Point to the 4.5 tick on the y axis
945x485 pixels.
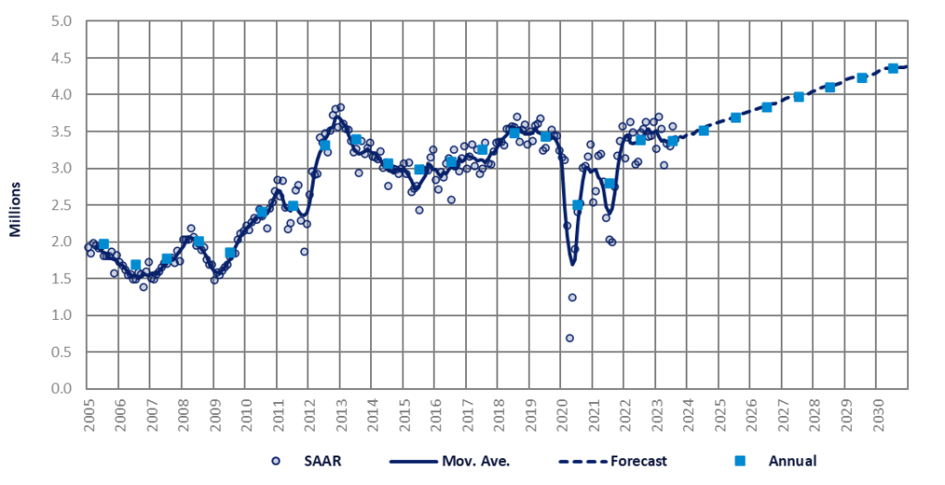(x=62, y=57)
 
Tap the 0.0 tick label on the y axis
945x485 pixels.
(x=62, y=389)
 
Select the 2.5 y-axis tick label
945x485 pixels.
(x=62, y=205)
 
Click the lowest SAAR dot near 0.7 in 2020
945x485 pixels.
(x=569, y=338)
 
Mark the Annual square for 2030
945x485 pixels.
(x=892, y=68)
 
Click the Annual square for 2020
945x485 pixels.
(x=578, y=205)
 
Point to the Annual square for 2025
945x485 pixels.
(x=736, y=118)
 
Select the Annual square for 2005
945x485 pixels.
(x=103, y=244)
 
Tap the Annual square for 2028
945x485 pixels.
(x=830, y=88)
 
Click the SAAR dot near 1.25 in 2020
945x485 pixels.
(x=572, y=297)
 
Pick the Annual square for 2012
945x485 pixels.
(x=325, y=145)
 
